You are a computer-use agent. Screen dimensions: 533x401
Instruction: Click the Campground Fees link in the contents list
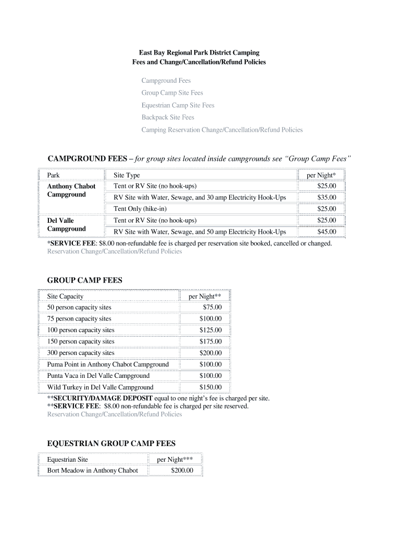166,81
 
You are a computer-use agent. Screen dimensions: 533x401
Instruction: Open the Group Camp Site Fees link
172,93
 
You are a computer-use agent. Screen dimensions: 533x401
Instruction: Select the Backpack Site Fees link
168,118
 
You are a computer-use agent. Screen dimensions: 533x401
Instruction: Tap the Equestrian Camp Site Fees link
178,105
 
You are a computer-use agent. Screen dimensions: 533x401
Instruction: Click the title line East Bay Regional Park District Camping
198,53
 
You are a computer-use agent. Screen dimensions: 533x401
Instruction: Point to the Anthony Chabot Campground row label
71,191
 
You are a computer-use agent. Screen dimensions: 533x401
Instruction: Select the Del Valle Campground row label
66,225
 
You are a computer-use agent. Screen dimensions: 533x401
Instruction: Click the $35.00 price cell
327,198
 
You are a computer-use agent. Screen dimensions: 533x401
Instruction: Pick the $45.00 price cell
327,232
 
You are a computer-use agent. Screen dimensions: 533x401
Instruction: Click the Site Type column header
127,175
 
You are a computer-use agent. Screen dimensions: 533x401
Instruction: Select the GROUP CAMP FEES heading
84,280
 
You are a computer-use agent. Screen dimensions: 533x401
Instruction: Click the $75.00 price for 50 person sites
212,308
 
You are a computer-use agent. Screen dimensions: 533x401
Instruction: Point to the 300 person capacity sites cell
81,353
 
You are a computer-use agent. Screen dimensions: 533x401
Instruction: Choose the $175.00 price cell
210,342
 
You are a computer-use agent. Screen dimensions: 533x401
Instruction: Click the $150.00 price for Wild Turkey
210,387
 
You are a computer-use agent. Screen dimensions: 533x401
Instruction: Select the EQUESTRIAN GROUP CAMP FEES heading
111,443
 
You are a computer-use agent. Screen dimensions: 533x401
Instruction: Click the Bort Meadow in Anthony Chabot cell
92,471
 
